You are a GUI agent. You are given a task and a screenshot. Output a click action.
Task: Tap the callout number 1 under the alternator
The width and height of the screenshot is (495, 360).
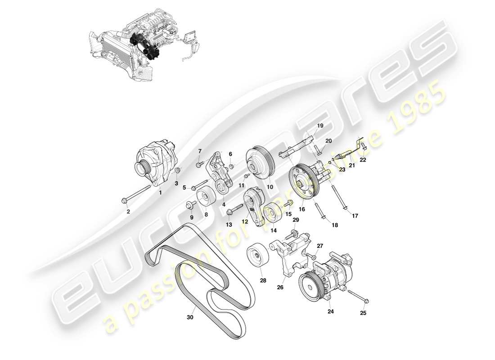point(160,192)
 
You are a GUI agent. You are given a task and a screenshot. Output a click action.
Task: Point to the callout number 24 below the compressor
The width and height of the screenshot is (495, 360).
point(330,311)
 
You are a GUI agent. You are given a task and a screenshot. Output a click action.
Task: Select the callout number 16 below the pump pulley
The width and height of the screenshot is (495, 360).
point(301,209)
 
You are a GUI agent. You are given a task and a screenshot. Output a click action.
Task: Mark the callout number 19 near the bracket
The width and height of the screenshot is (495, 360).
point(320,126)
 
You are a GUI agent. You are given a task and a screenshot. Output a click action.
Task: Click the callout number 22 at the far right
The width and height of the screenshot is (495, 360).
point(363,159)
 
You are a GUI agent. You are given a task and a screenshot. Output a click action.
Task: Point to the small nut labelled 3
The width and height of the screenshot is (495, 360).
point(177,171)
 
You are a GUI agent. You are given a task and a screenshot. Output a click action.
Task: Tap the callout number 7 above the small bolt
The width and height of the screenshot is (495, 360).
point(201,151)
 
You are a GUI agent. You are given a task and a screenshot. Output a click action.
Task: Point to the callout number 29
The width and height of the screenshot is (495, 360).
point(295,220)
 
